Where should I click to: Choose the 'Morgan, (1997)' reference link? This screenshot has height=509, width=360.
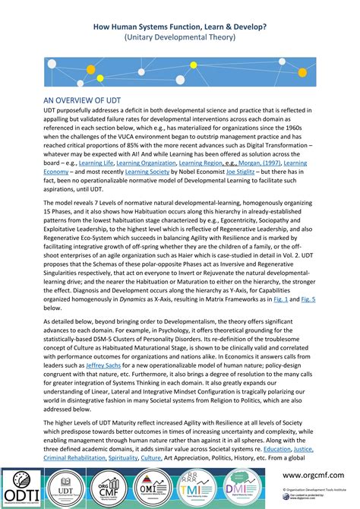257,163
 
